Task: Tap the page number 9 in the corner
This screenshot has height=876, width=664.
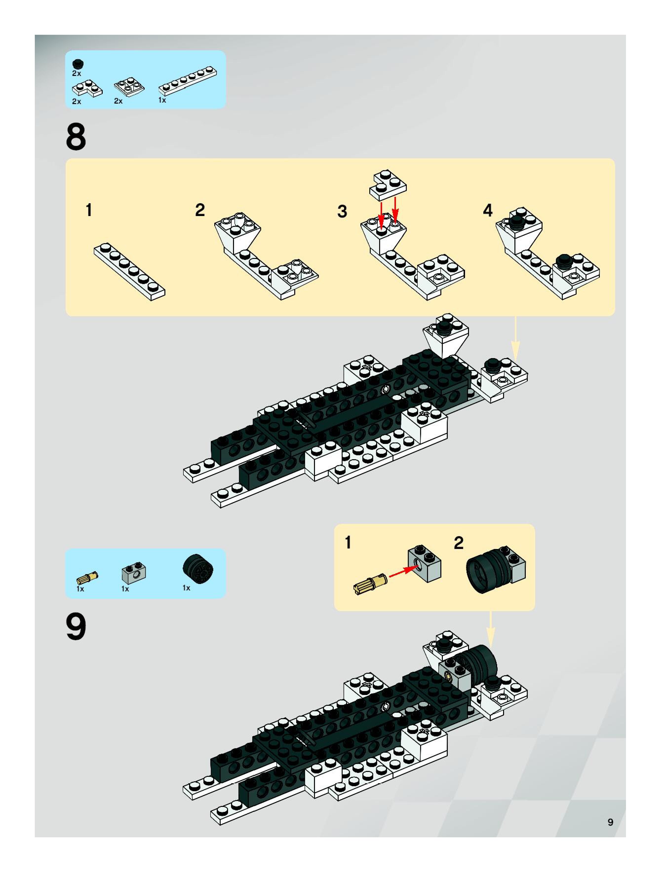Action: tap(610, 822)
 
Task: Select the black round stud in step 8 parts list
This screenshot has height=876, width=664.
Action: tap(78, 64)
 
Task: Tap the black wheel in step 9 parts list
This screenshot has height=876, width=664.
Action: tap(198, 569)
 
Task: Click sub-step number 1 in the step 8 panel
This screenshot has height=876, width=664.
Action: tap(89, 210)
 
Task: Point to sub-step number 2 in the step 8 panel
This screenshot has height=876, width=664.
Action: tap(200, 210)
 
